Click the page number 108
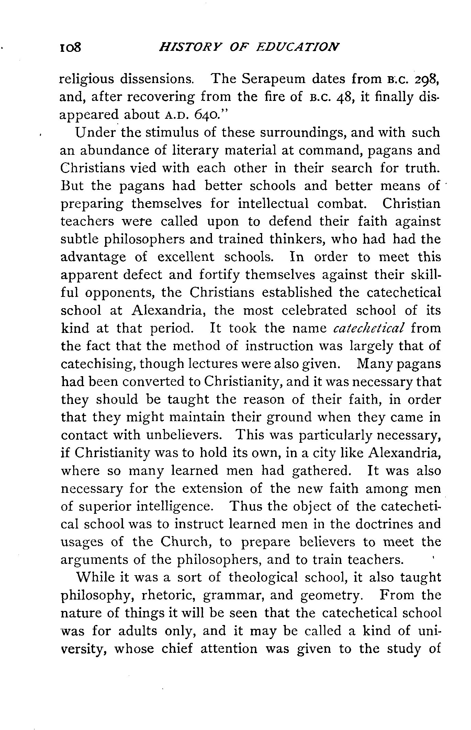pyautogui.click(x=70, y=47)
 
